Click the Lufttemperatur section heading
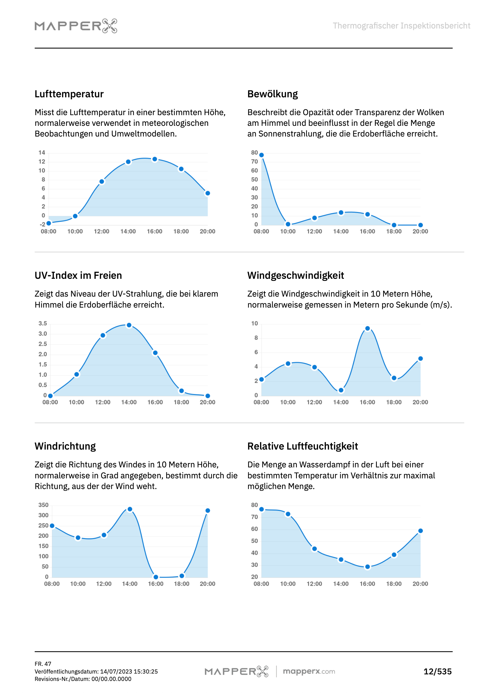coord(69,94)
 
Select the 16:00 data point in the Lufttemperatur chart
coord(154,159)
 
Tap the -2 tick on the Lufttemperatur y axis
coord(42,225)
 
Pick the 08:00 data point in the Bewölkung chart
coord(262,155)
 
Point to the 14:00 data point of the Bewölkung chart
coord(341,213)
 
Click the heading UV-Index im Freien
coord(78,276)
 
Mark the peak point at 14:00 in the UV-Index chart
coord(129,325)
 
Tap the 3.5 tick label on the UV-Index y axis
coord(42,323)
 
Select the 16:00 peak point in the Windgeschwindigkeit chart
coord(367,329)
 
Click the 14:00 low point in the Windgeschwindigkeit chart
coord(341,390)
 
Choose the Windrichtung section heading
coord(65,446)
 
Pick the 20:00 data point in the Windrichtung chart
coord(208,511)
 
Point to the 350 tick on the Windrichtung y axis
coord(43,505)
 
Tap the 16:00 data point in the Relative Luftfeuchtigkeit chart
coord(367,567)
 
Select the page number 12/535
coord(437,672)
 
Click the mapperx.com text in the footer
coord(309,672)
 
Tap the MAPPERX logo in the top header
coord(76,26)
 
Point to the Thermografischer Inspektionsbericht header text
coord(401,26)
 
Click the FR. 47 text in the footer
coord(43,664)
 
